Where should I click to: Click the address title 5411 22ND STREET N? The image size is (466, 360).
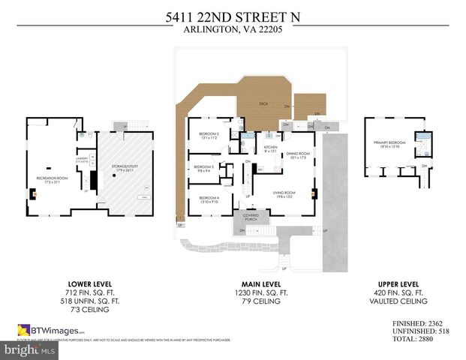[233, 16]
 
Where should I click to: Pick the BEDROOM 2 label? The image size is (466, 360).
[208, 136]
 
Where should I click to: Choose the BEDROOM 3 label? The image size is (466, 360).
[203, 168]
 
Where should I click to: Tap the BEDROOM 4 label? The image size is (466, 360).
[208, 199]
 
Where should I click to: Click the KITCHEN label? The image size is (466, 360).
[270, 148]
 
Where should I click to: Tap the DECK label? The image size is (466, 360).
[263, 103]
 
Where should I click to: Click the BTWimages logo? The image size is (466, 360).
[50, 330]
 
